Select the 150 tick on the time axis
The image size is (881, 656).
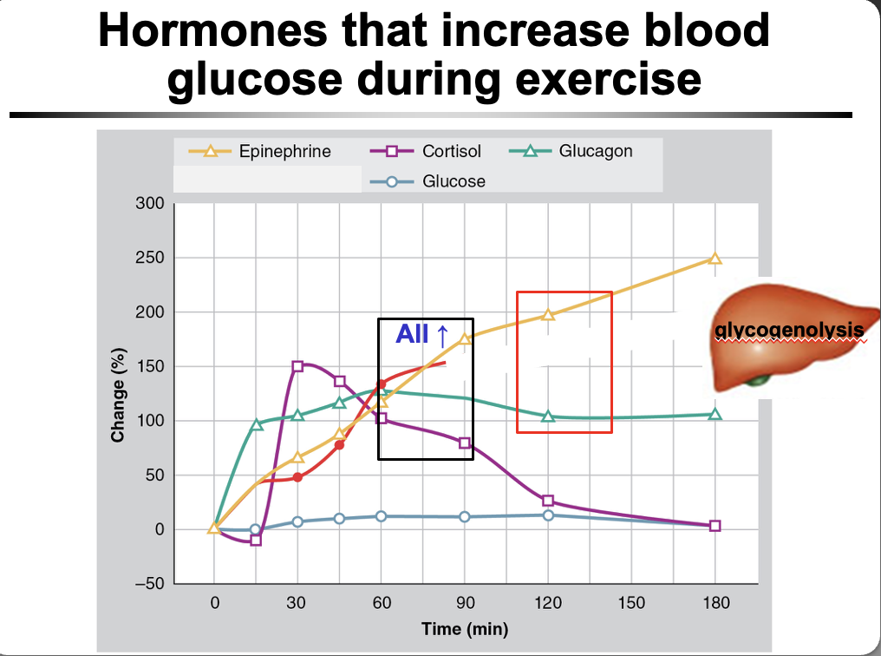632,602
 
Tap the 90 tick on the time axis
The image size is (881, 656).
465,602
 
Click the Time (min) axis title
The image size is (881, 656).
465,628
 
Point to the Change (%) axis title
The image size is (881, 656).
118,395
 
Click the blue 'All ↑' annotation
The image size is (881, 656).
421,334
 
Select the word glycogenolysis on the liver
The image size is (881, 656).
790,331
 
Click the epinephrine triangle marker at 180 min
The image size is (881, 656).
715,259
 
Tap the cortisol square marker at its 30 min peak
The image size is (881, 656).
297,366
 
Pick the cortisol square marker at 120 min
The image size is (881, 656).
548,501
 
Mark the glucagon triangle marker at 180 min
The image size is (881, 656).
715,414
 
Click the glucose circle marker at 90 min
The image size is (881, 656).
465,517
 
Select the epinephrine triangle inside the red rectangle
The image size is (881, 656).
548,314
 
